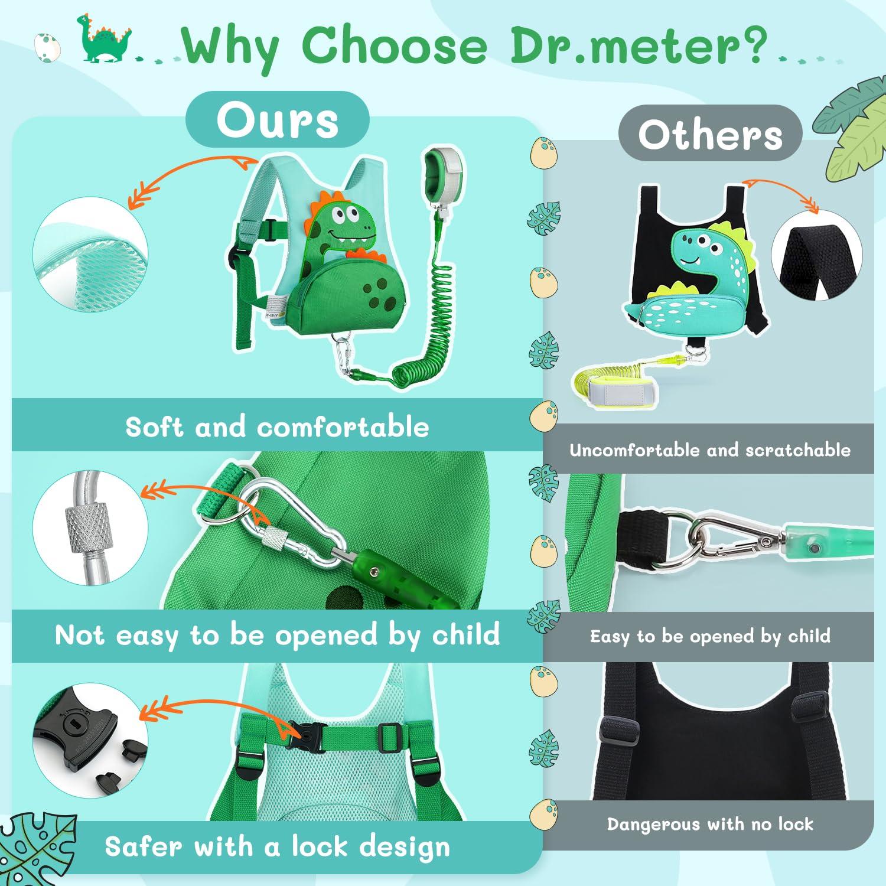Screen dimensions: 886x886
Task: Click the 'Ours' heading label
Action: tap(277, 120)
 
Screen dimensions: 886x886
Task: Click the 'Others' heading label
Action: tap(710, 135)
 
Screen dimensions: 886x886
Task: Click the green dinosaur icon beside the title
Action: tap(105, 39)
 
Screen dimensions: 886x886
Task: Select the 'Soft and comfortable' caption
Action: tap(277, 426)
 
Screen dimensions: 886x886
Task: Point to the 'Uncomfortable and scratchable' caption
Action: tap(709, 450)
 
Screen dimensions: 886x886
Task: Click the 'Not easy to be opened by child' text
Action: tap(277, 636)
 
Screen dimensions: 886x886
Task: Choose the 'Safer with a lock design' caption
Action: tap(277, 847)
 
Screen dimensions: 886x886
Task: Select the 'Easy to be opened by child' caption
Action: tap(709, 636)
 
